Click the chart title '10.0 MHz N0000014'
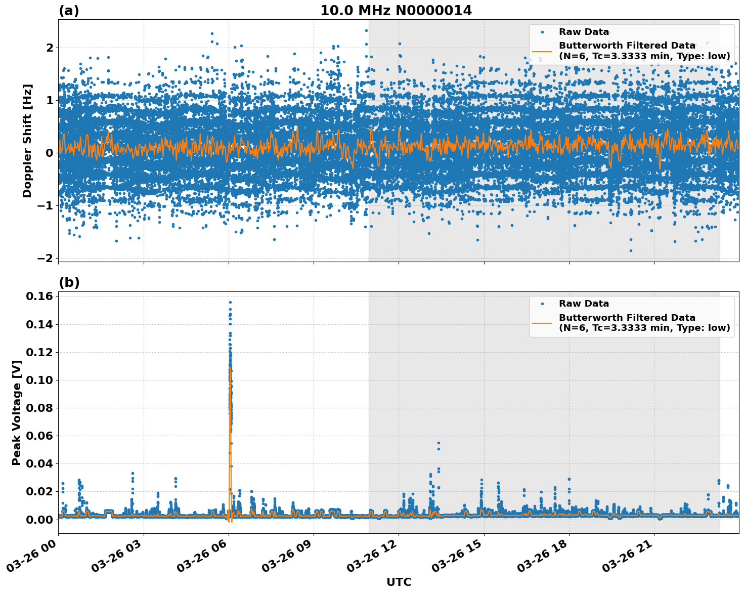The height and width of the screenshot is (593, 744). [x=396, y=11]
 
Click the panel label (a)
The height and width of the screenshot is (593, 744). [x=69, y=11]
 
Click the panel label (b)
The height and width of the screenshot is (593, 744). [x=69, y=282]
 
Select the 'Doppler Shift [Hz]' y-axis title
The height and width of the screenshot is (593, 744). [x=27, y=141]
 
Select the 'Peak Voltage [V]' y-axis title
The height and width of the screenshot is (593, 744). [x=17, y=412]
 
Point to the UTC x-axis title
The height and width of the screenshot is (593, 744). [x=399, y=582]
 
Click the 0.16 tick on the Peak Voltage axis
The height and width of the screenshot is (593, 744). [x=39, y=296]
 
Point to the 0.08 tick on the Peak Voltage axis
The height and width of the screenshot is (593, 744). [x=39, y=408]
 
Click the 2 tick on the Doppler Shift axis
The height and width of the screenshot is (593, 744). [x=50, y=48]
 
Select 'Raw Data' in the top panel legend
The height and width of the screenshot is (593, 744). [x=584, y=32]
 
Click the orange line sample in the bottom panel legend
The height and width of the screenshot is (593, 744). [x=542, y=323]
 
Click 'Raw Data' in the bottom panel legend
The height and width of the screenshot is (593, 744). [x=584, y=304]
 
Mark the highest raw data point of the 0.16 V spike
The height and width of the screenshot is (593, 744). [x=230, y=302]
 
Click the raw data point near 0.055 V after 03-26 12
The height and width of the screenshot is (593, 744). [x=439, y=443]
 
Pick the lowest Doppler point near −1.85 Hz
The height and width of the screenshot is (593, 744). [x=631, y=250]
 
